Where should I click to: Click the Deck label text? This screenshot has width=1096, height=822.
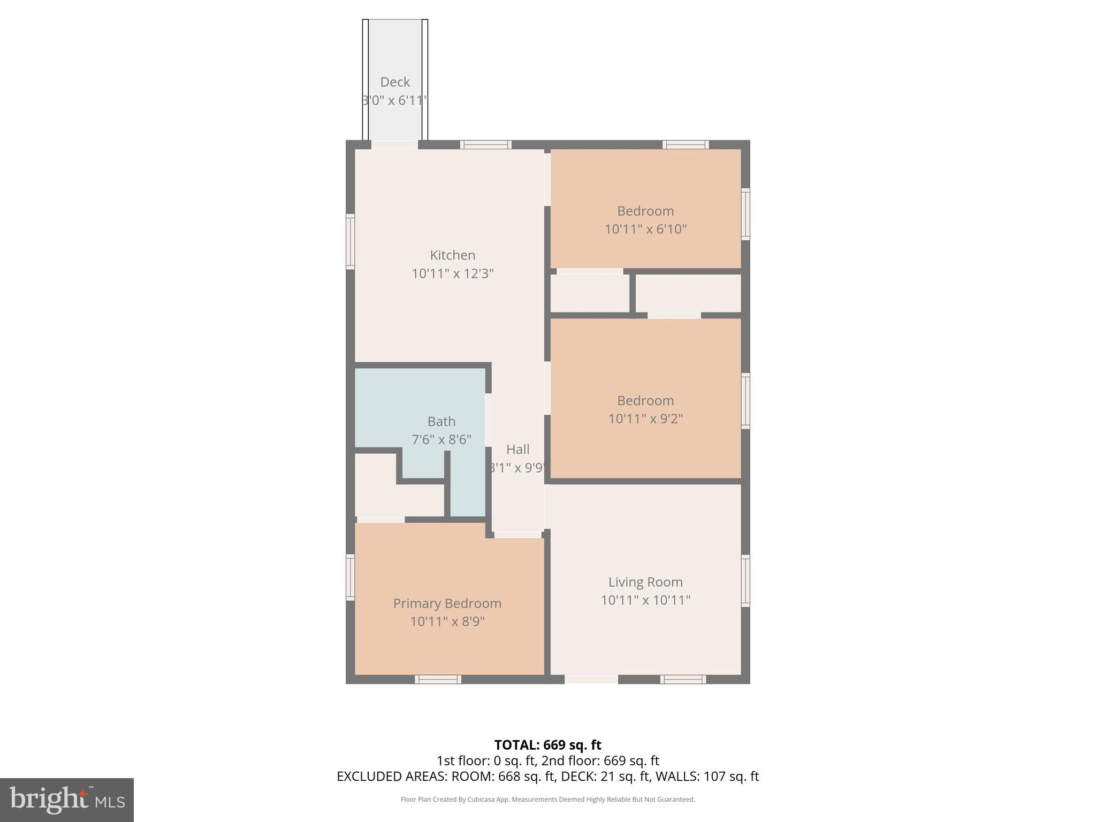[395, 82]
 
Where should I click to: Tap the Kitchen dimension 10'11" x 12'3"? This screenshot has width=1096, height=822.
[452, 273]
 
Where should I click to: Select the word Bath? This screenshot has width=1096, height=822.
[442, 422]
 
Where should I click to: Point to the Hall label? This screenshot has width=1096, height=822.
[517, 450]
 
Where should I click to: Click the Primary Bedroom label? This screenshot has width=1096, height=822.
[447, 603]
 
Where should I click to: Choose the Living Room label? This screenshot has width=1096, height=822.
[645, 582]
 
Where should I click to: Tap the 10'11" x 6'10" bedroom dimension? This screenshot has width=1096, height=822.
[645, 229]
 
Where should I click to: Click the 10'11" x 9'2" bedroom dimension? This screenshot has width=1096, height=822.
[645, 418]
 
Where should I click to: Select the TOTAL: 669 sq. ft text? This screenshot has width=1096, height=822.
[547, 745]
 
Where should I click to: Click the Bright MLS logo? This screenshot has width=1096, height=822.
[67, 800]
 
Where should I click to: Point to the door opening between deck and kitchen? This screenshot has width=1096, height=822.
[394, 144]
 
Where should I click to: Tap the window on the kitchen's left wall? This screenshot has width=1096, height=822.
[351, 241]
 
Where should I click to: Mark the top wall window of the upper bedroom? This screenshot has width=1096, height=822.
[686, 144]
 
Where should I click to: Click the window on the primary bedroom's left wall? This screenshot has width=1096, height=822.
[351, 577]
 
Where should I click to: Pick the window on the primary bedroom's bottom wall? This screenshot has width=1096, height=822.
[438, 679]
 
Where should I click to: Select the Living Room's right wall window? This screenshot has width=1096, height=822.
[745, 581]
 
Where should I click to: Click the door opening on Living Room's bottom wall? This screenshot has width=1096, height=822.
[591, 679]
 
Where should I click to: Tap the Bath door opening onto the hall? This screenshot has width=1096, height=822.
[488, 420]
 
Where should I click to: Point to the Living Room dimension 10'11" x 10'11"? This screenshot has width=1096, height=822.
[645, 600]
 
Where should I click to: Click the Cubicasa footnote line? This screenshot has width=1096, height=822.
[547, 800]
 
